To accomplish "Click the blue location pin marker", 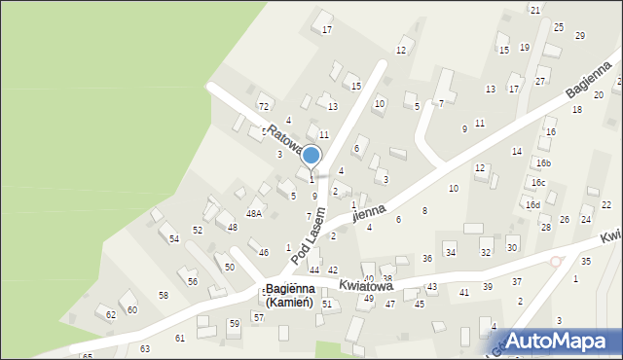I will (x=311, y=157).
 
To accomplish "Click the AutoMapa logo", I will (x=561, y=340).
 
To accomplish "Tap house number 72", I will (x=263, y=105).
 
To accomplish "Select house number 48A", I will (x=254, y=213).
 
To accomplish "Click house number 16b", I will (x=543, y=162).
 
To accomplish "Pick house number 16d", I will (x=532, y=204).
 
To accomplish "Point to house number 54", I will (x=173, y=238).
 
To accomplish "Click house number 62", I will (x=111, y=314).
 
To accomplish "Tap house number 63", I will (x=145, y=347).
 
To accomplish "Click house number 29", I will (x=580, y=35).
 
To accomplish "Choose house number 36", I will (x=427, y=258).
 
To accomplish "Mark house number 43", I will (x=431, y=287).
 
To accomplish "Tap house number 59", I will (x=234, y=323).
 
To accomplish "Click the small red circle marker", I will (x=556, y=261).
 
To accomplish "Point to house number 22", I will (x=605, y=204).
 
